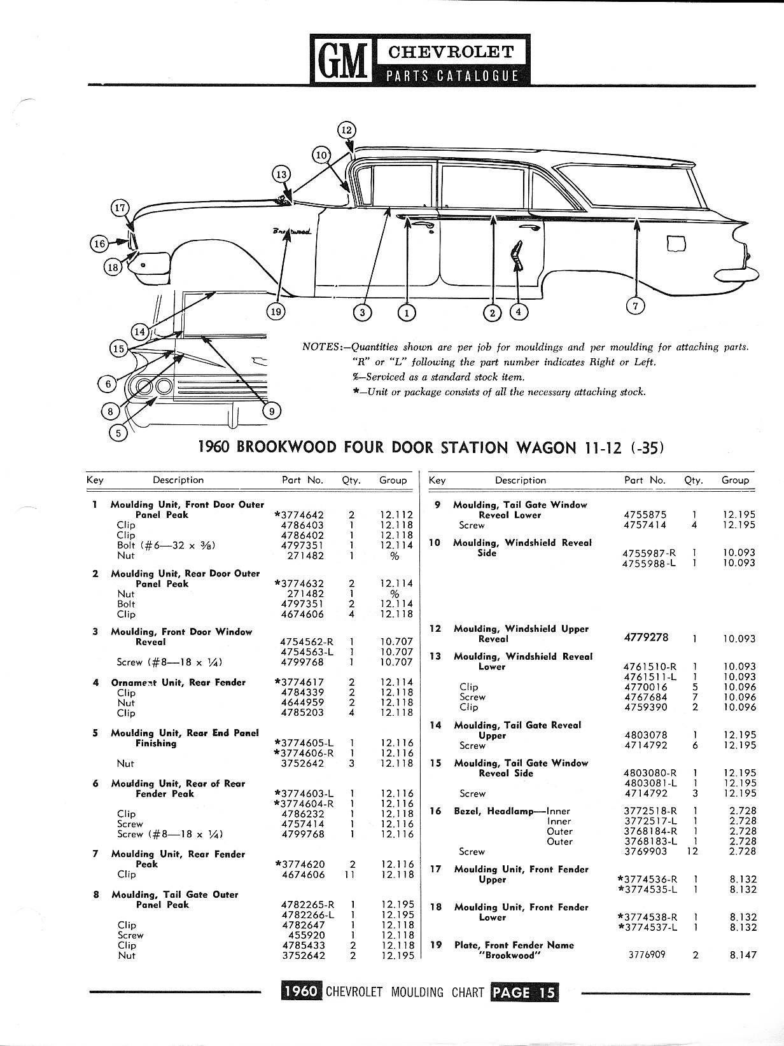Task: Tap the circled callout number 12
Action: click(x=346, y=130)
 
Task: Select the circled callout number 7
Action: click(x=636, y=306)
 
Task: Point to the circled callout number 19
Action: click(x=276, y=311)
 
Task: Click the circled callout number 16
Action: click(x=99, y=243)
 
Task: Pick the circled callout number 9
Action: click(x=272, y=411)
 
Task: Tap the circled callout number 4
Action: click(x=519, y=312)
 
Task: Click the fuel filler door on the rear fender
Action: click(x=676, y=244)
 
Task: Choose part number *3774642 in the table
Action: click(x=299, y=515)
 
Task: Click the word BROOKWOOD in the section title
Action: click(x=286, y=447)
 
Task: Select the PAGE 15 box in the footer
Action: click(x=524, y=992)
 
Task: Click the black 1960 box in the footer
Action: click(x=301, y=992)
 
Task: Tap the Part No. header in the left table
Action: click(x=302, y=480)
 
